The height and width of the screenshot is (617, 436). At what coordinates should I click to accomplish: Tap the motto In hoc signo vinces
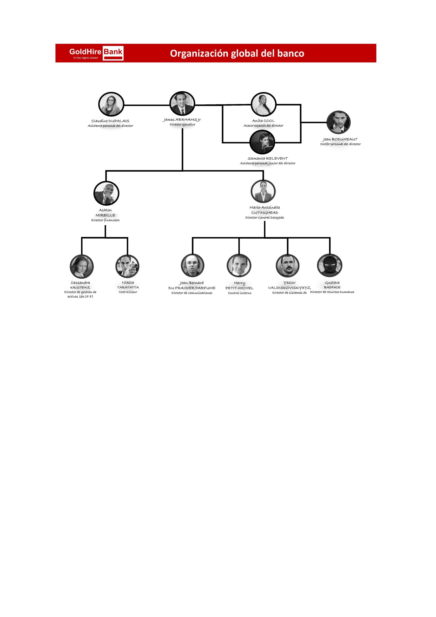(x=86, y=58)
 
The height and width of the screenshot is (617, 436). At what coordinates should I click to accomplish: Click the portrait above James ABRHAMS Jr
(x=182, y=103)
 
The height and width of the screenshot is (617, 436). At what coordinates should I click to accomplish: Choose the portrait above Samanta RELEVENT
(x=262, y=142)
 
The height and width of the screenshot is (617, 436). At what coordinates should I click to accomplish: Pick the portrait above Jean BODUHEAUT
(x=338, y=122)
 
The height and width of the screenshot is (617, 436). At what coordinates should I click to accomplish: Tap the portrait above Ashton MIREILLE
(x=106, y=193)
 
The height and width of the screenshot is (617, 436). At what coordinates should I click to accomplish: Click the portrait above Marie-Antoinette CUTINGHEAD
(x=263, y=191)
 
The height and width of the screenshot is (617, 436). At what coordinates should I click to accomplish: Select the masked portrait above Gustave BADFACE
(x=329, y=265)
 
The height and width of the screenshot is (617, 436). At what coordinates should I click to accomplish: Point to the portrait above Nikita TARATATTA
(x=127, y=266)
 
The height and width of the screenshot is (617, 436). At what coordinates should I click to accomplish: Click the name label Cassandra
(x=80, y=283)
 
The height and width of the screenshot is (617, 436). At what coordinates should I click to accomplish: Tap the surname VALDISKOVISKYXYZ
(x=289, y=288)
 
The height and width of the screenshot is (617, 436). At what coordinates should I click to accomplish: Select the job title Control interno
(x=240, y=293)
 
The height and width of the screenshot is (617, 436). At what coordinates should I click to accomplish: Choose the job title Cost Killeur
(x=128, y=292)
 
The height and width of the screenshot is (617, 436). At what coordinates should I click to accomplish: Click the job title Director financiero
(x=105, y=220)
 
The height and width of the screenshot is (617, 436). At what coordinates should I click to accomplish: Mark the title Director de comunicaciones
(x=192, y=293)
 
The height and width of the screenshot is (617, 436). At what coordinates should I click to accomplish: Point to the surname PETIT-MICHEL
(x=239, y=288)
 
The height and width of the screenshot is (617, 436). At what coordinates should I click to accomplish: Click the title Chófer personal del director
(x=340, y=144)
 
